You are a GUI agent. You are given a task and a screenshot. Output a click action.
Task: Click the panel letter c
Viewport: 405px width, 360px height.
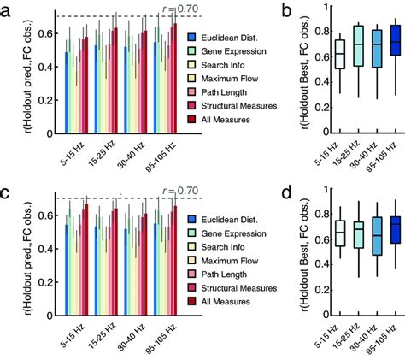point(9,191)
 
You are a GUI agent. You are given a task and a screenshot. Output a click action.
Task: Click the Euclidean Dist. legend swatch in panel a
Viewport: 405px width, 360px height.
point(191,38)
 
